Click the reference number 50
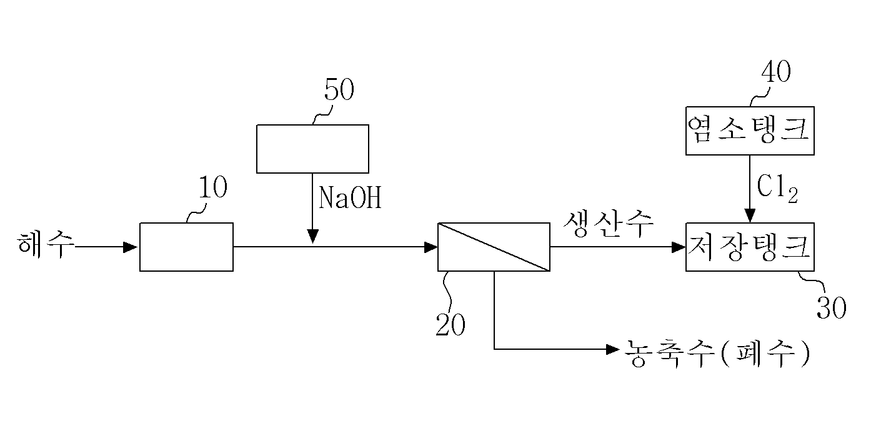point(339,89)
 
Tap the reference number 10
point(213,187)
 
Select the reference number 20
point(450,324)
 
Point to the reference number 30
point(832,307)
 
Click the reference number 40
point(776,72)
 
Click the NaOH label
point(350,197)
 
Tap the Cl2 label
point(777,189)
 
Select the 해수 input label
point(46,244)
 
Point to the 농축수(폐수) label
point(717,354)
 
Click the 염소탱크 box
point(750,131)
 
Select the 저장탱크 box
point(750,247)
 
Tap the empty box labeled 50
point(312,149)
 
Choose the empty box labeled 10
point(187,247)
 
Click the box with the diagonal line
point(494,247)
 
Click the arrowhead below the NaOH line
point(313,236)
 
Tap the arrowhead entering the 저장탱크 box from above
point(750,215)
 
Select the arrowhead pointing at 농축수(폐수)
point(612,350)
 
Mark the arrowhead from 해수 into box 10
point(131,247)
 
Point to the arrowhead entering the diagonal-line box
point(431,247)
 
